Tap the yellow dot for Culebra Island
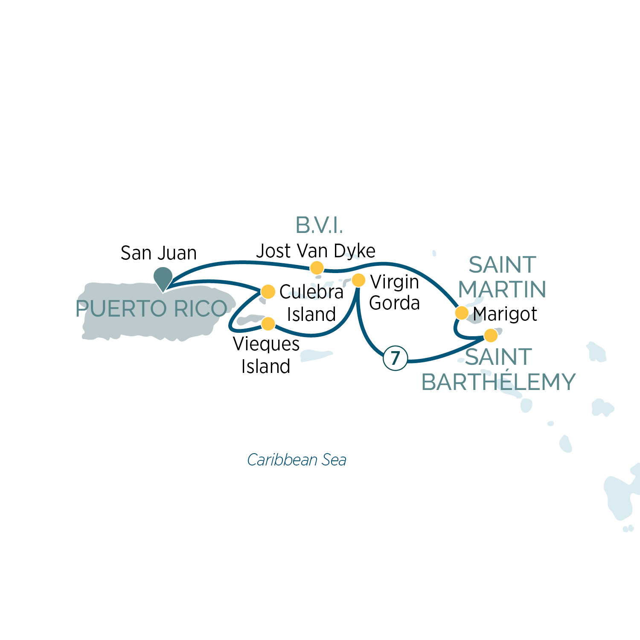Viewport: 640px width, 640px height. point(268,292)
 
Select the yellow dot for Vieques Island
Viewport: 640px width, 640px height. point(268,324)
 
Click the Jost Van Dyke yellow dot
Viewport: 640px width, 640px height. point(317,268)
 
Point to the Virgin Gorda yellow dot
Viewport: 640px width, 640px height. point(358,280)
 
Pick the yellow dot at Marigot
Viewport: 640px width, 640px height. point(462,313)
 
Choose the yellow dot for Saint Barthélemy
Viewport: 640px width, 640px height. point(491,335)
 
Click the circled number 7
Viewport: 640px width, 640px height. point(396,358)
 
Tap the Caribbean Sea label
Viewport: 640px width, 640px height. point(297,460)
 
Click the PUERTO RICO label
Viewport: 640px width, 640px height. point(151,308)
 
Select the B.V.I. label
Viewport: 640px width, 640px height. point(319,225)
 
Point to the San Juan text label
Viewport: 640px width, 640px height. point(159,253)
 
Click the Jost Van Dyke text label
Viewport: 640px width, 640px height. point(316,251)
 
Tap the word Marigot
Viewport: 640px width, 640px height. point(505,314)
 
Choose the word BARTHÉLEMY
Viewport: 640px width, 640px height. point(498,382)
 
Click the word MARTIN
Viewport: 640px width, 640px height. point(502,289)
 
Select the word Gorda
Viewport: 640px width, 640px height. point(395,303)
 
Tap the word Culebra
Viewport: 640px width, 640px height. point(311,292)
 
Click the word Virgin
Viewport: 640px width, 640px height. point(395,282)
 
